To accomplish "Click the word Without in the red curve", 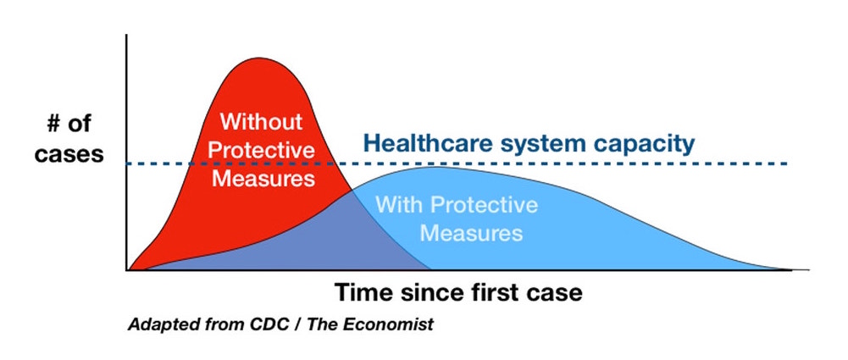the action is coord(261,121).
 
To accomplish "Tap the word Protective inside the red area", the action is coord(261,149).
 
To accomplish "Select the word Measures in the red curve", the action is coord(263,178).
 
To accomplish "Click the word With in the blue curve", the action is coord(398,205).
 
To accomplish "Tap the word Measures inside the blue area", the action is coord(471,233).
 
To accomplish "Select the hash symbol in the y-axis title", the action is coord(53,124).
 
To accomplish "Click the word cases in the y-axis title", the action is coord(69,155).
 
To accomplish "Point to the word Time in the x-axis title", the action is coord(364,292).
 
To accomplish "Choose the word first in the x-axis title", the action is coord(498,292).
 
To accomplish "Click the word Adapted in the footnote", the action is coord(152,325).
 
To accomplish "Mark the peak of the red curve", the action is coord(259,58).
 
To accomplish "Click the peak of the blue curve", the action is coord(435,167).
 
